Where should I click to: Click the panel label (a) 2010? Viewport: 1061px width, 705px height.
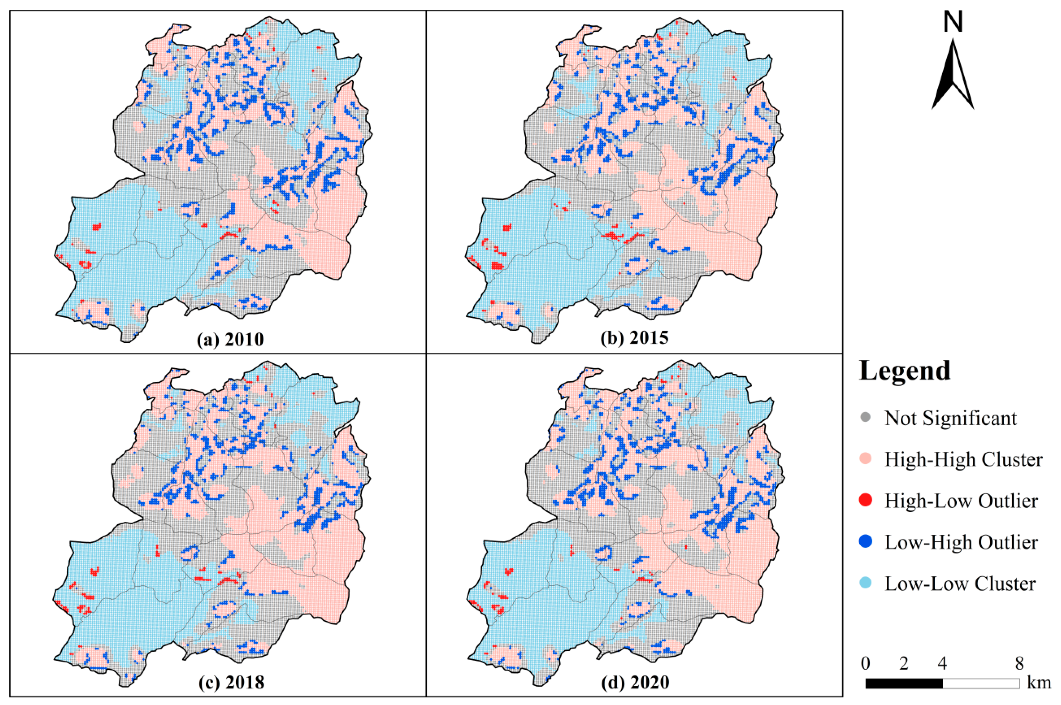pyautogui.click(x=230, y=339)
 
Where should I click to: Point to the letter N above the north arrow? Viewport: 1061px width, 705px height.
pyautogui.click(x=953, y=22)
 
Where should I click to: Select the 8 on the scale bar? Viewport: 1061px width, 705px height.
pyautogui.click(x=1019, y=663)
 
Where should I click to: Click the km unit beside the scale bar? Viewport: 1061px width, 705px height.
pyautogui.click(x=1039, y=683)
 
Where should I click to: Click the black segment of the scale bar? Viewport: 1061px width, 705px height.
pyautogui.click(x=904, y=683)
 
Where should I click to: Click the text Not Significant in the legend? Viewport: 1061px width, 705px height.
pyautogui.click(x=951, y=418)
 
